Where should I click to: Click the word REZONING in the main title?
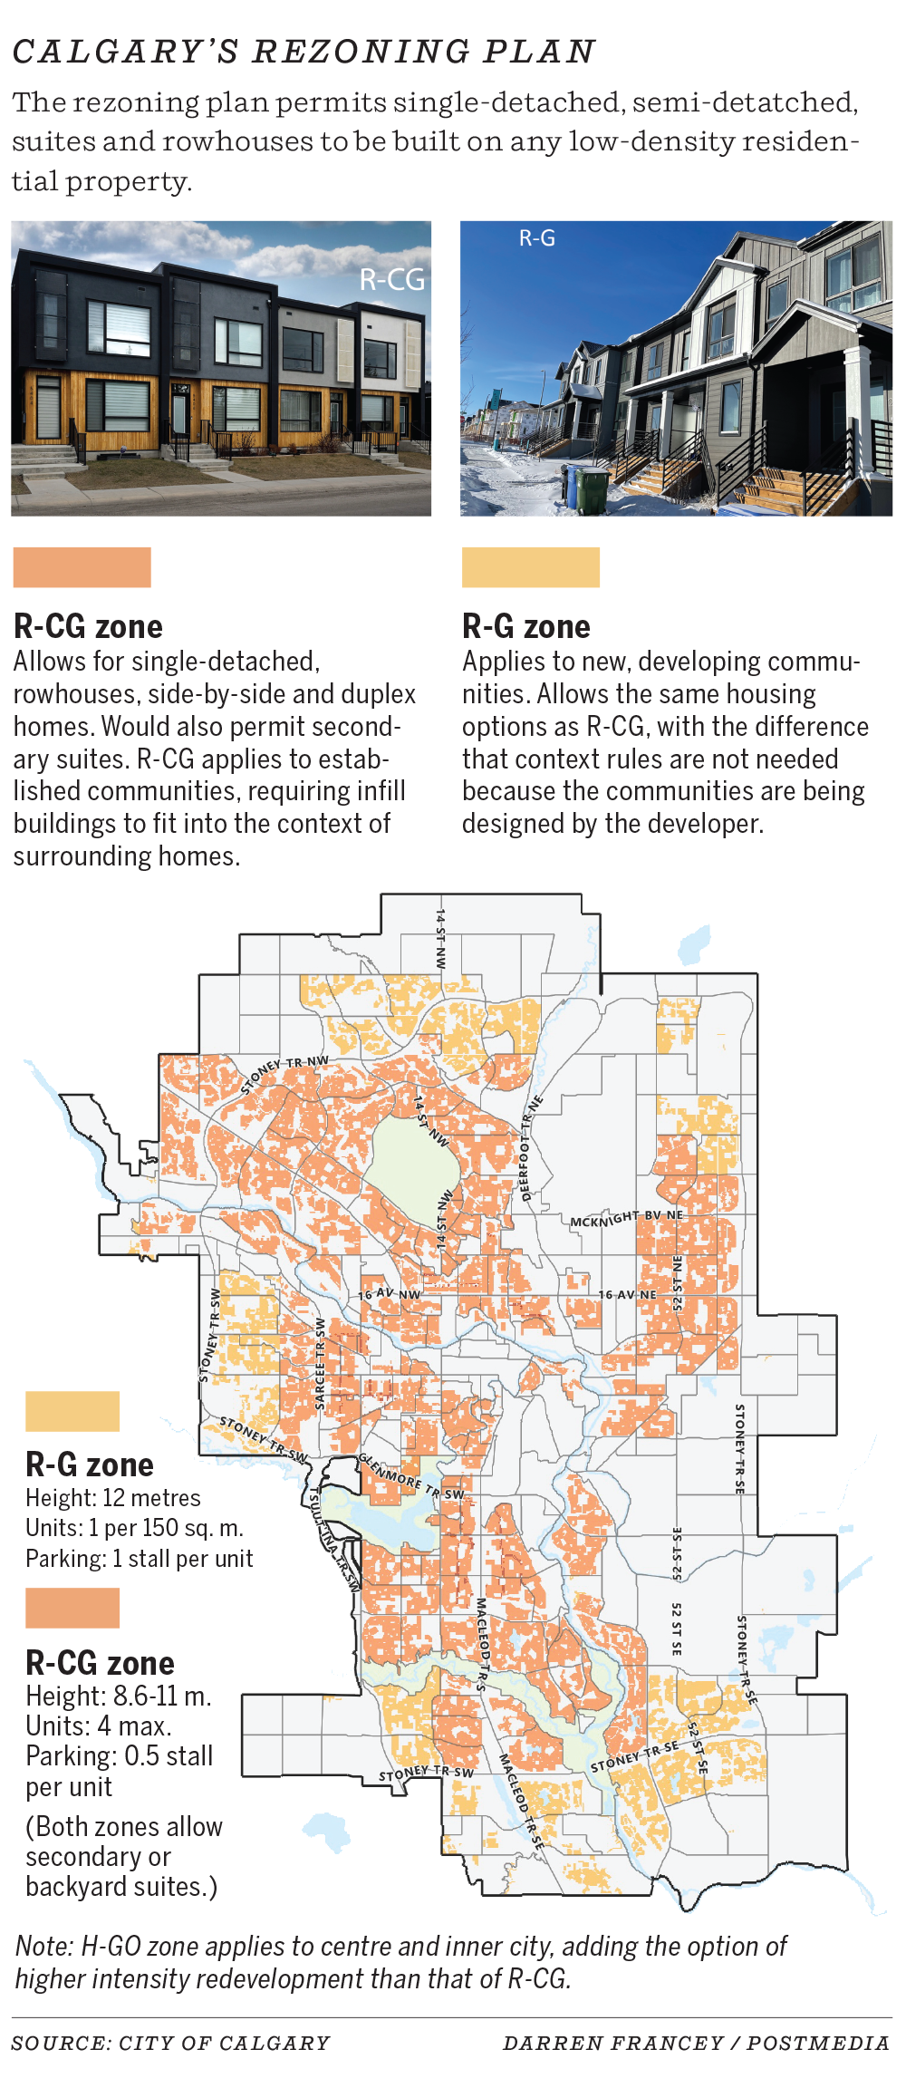point(360,53)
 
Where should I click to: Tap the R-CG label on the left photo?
point(392,279)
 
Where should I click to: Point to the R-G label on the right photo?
point(536,238)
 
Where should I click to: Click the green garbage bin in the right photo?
point(593,490)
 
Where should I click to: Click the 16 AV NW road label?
point(390,1294)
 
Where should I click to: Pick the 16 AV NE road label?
point(627,1294)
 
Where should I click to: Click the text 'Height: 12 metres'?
point(113,1498)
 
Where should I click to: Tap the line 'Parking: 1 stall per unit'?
point(140,1559)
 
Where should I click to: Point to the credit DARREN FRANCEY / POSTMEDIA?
point(696,2044)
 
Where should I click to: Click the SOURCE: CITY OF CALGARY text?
point(171,2044)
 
